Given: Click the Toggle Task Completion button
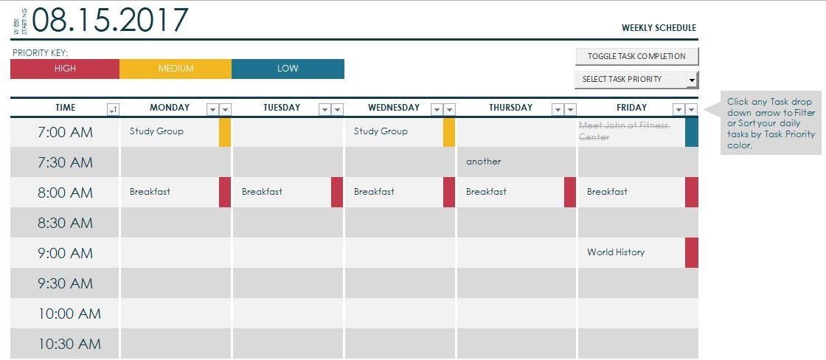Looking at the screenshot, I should tap(636, 56).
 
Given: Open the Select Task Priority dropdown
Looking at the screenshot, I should tap(636, 79).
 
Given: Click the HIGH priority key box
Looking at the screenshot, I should tap(65, 69).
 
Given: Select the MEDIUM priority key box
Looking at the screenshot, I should tap(176, 69).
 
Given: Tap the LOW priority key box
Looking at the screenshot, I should tap(288, 69).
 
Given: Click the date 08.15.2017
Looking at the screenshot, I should tap(110, 20).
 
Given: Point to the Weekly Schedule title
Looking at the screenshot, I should tap(659, 28).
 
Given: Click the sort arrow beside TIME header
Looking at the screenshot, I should tap(113, 110).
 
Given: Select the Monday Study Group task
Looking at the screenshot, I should tap(156, 131).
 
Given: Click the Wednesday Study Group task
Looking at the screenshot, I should tap(381, 131).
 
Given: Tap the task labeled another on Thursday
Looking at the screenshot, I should tap(483, 162).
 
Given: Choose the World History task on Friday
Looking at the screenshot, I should tap(616, 252).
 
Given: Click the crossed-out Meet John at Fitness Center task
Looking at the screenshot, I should tap(624, 131).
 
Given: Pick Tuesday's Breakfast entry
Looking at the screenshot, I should tap(262, 192).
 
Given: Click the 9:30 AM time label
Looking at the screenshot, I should tap(66, 283).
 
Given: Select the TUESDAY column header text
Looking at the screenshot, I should tap(282, 108).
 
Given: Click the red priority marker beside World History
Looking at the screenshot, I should tap(692, 252).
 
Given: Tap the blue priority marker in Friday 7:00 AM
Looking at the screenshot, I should tap(692, 132).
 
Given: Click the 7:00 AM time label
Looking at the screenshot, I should tap(66, 133).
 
